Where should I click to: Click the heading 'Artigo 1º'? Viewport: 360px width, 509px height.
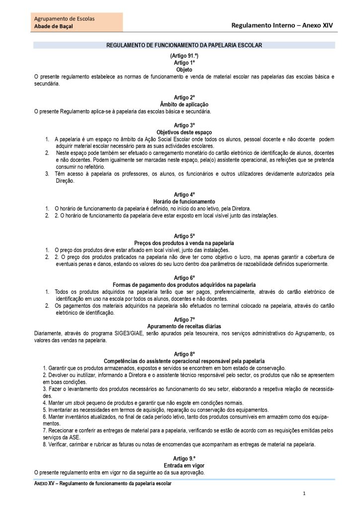click(184, 63)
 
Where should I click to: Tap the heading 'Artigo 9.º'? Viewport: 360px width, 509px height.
click(184, 457)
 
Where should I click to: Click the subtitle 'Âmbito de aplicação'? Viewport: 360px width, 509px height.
click(184, 104)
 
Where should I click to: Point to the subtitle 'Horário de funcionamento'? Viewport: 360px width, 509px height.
click(184, 201)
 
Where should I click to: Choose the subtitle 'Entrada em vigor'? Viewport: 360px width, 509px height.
click(184, 464)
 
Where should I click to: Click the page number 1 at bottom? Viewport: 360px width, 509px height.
click(304, 494)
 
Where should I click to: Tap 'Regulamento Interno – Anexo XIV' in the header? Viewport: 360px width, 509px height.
click(282, 24)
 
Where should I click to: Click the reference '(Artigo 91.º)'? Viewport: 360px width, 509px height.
click(184, 56)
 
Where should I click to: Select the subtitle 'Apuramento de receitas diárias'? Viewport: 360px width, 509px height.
click(184, 326)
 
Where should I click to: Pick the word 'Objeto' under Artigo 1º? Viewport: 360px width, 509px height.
click(184, 70)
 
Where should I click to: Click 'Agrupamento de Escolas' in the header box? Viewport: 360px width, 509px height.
click(64, 18)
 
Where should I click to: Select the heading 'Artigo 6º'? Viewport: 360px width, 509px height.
click(184, 277)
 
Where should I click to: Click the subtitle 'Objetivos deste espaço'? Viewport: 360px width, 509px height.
click(184, 132)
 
